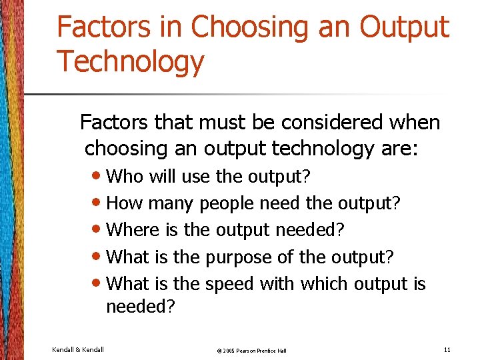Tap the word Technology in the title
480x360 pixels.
coord(130,61)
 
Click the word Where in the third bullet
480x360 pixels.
coord(133,230)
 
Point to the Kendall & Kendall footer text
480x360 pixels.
coord(78,349)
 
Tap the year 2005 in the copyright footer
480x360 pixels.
coord(229,351)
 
